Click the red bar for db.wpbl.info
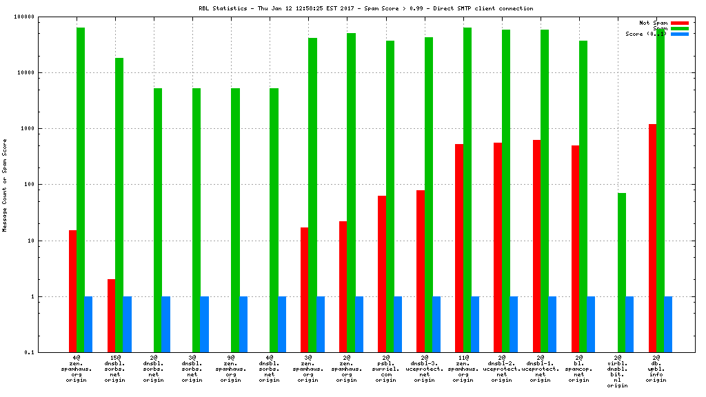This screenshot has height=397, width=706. pos(652,238)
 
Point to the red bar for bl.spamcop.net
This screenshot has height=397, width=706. pos(575,249)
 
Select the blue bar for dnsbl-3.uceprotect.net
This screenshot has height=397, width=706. pos(436,324)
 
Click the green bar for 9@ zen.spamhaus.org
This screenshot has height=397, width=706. pos(235,220)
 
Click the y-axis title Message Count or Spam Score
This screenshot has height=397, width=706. pos(6,185)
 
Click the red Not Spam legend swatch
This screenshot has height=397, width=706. pos(679,23)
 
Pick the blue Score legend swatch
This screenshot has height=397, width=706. pos(679,34)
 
